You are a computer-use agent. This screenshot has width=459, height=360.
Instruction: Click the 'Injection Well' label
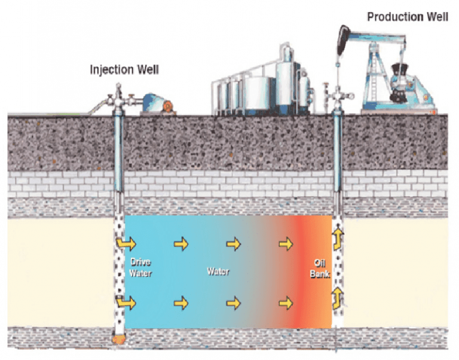pyautogui.click(x=124, y=69)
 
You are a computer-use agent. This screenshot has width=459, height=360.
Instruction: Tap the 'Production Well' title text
pyautogui.click(x=408, y=16)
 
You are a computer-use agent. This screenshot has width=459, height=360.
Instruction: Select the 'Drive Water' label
pyautogui.click(x=142, y=267)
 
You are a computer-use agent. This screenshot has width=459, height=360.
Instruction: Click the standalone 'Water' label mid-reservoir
pyautogui.click(x=218, y=271)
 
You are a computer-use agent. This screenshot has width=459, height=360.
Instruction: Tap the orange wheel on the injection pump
pyautogui.click(x=168, y=107)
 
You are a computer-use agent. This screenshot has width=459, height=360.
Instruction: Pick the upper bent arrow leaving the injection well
pyautogui.click(x=126, y=243)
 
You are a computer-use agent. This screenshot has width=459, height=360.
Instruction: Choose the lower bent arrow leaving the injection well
pyautogui.click(x=126, y=303)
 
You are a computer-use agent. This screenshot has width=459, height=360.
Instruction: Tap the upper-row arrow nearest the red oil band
pyautogui.click(x=287, y=243)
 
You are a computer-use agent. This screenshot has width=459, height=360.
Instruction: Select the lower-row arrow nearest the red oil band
pyautogui.click(x=287, y=303)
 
